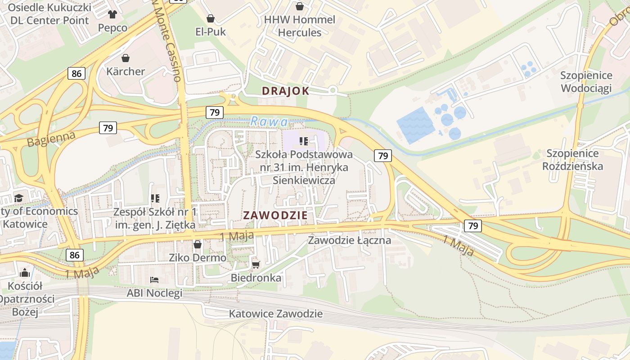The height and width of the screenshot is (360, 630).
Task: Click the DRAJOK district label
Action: pos(285,91)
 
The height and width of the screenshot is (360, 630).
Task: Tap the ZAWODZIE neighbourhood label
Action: pos(275,215)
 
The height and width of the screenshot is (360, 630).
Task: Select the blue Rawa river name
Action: pos(269,121)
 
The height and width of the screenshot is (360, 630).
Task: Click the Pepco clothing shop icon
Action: pos(112,15)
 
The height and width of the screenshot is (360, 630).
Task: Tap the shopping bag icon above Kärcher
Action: pos(126,58)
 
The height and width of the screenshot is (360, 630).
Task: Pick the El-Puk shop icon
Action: pos(210,18)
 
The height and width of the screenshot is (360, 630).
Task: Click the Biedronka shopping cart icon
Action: pos(256,265)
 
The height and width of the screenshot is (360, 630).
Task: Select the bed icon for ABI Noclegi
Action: pos(154,280)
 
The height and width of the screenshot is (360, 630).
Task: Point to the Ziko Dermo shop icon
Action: pos(197,244)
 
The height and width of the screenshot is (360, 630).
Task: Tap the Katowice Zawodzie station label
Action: pos(275,314)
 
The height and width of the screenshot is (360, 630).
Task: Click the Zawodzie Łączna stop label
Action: pos(349,240)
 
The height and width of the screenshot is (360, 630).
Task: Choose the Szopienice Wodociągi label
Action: pos(586,81)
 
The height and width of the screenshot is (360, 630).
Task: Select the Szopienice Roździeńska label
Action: pos(572,160)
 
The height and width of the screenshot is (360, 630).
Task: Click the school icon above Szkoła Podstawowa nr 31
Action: pos(304,141)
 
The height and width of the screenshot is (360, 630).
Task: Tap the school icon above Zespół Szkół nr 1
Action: pos(155,198)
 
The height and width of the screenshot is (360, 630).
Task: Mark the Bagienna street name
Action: pos(51,139)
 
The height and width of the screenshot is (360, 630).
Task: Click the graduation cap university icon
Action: pos(18,198)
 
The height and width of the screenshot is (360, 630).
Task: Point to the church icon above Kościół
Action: pos(25,273)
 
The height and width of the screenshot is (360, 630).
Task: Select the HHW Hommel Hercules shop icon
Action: pos(299,6)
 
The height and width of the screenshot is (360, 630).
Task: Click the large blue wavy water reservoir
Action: pos(415,125)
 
